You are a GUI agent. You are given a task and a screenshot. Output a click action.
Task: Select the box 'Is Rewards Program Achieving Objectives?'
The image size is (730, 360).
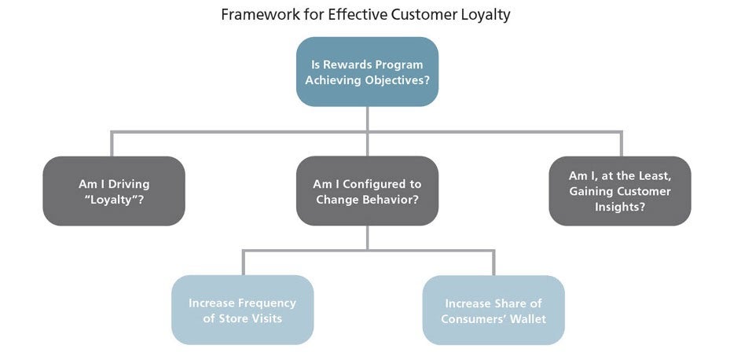tap(367, 72)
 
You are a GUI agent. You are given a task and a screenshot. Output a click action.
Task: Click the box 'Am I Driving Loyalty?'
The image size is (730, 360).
tap(114, 191)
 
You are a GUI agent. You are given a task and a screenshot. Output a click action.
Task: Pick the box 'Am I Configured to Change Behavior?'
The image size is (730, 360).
tap(367, 191)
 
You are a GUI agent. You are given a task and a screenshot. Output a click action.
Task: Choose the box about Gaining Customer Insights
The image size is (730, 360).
tap(620, 191)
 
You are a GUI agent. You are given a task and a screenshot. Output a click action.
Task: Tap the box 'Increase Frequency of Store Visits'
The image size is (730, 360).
tap(242, 310)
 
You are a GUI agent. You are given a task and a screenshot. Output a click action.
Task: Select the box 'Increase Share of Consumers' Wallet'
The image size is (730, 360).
tap(493, 310)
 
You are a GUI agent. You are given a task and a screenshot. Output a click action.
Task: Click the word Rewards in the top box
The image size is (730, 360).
tap(346, 64)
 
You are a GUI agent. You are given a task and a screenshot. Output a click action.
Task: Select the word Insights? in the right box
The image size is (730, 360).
tap(620, 207)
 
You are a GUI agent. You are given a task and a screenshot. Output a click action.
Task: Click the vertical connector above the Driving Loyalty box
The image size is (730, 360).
tap(112, 144)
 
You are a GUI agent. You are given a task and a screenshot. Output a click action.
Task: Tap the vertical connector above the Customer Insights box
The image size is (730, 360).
tap(621, 144)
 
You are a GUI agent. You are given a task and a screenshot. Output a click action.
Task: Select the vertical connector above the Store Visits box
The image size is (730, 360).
tap(243, 263)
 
